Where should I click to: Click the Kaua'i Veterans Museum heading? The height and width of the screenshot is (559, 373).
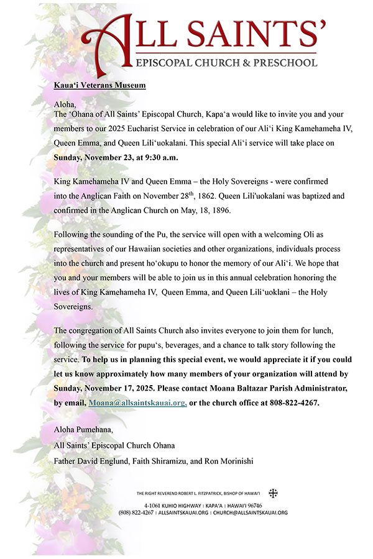pos(100,85)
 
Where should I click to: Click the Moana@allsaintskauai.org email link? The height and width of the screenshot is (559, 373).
pos(137,403)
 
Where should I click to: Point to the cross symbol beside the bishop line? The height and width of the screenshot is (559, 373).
pos(273,493)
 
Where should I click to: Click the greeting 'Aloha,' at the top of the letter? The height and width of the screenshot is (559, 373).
pos(65,104)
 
